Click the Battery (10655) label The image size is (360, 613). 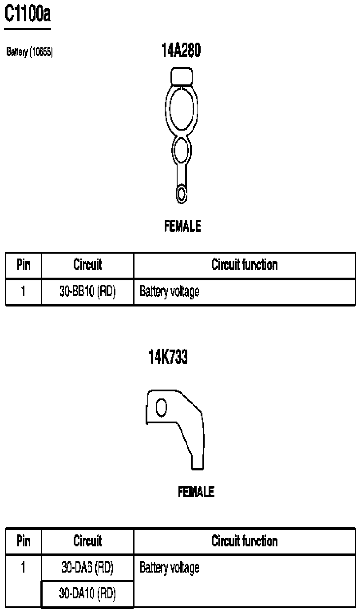coord(30,52)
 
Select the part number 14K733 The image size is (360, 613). coord(168,357)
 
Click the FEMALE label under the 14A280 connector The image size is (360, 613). coord(182,227)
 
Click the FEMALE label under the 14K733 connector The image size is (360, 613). coord(196,492)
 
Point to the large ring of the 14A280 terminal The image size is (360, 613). coord(182,107)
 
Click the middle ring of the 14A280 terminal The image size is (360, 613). coord(181,150)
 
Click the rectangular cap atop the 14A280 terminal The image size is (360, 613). coord(182,76)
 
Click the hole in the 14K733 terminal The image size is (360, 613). coord(162,406)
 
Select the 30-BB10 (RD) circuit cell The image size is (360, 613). coord(87,291)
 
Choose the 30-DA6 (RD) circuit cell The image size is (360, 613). coord(87,567)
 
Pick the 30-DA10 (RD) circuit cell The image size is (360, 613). coord(87,593)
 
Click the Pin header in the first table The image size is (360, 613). coord(24,265)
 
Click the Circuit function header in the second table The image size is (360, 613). coord(245,541)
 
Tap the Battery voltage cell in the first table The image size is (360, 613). coord(169,292)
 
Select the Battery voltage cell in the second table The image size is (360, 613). coord(169,567)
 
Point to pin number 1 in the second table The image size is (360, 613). coord(24,567)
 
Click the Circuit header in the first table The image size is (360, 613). coord(87,265)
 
